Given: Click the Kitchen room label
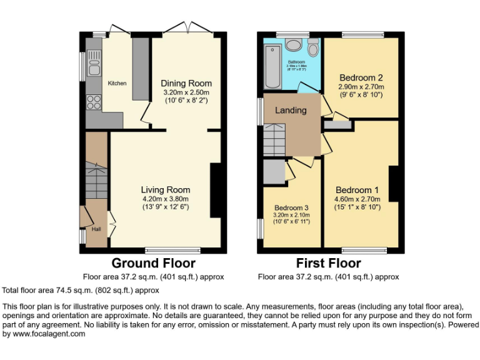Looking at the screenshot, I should [117, 83].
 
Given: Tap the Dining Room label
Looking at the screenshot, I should [186, 83].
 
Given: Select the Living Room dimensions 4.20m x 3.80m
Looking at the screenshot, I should [165, 198].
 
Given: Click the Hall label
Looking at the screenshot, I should [96, 229].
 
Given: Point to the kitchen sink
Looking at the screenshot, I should [94, 62].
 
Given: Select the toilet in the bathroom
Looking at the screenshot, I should [313, 47].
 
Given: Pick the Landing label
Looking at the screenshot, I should [291, 110].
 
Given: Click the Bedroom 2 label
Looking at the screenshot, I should [361, 78].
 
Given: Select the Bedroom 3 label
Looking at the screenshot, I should [291, 207].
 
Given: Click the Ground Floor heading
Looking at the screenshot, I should [153, 263].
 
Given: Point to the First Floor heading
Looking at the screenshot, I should [328, 263].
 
